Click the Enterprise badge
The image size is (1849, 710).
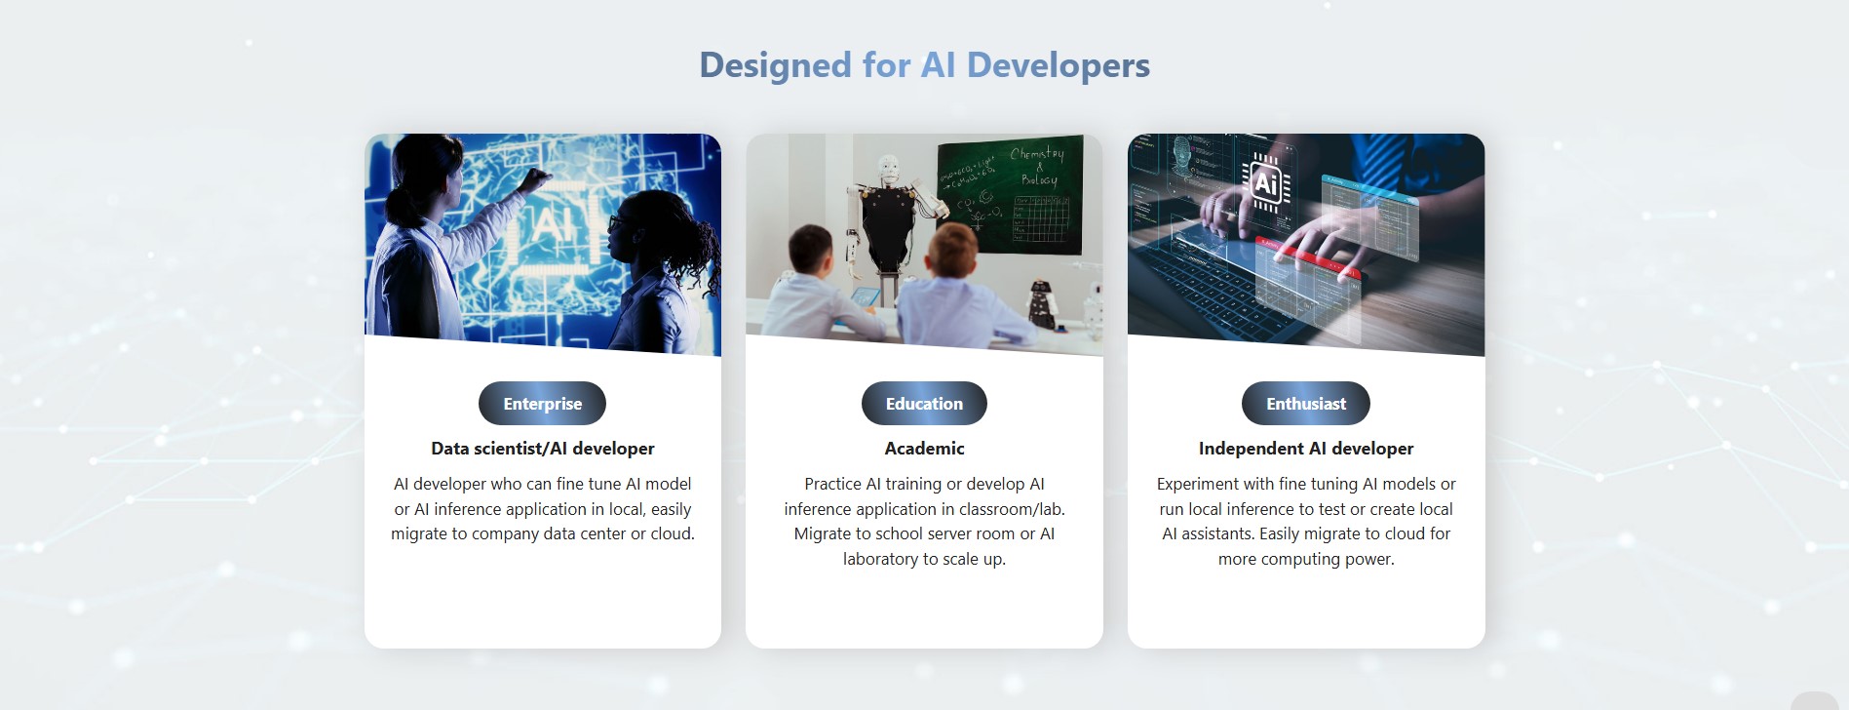point(542,404)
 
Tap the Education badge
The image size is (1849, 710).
point(924,404)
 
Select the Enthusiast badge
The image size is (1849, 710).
point(1306,404)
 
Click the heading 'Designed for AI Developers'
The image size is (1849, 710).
point(924,65)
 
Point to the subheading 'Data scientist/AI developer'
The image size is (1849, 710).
point(543,449)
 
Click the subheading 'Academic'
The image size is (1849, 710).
point(924,449)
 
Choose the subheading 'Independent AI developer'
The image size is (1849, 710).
point(1306,449)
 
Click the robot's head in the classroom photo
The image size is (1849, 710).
point(888,169)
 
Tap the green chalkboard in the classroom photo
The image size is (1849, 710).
point(1011,195)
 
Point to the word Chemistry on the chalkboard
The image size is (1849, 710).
point(1037,154)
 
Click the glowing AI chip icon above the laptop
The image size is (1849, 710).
point(1266,182)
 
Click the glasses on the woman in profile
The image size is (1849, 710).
point(616,222)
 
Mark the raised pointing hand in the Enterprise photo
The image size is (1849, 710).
point(535,179)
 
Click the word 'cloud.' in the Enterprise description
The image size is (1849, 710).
point(673,534)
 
